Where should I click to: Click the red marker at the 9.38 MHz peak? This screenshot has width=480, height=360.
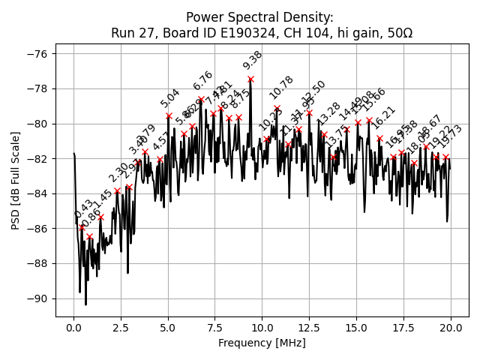click(x=250, y=79)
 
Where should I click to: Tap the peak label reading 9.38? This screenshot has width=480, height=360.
click(x=253, y=61)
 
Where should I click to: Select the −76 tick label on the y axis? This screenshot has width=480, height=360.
click(x=36, y=54)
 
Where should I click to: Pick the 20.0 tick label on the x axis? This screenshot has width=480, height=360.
click(x=451, y=328)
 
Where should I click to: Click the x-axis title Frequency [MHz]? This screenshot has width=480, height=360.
click(x=262, y=343)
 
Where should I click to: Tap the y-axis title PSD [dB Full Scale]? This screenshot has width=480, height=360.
click(x=15, y=180)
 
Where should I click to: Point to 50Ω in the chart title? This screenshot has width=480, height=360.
click(x=397, y=33)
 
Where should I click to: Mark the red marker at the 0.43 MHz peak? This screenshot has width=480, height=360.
click(x=82, y=227)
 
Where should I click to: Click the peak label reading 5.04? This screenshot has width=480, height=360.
click(x=170, y=98)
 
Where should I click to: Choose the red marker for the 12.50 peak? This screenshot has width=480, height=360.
click(x=309, y=112)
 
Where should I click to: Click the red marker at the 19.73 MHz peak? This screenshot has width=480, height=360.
click(x=445, y=157)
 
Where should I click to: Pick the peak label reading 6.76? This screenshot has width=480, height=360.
click(x=202, y=80)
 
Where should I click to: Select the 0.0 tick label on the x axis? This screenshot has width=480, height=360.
click(x=73, y=328)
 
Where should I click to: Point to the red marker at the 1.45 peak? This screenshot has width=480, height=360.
click(x=100, y=217)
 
